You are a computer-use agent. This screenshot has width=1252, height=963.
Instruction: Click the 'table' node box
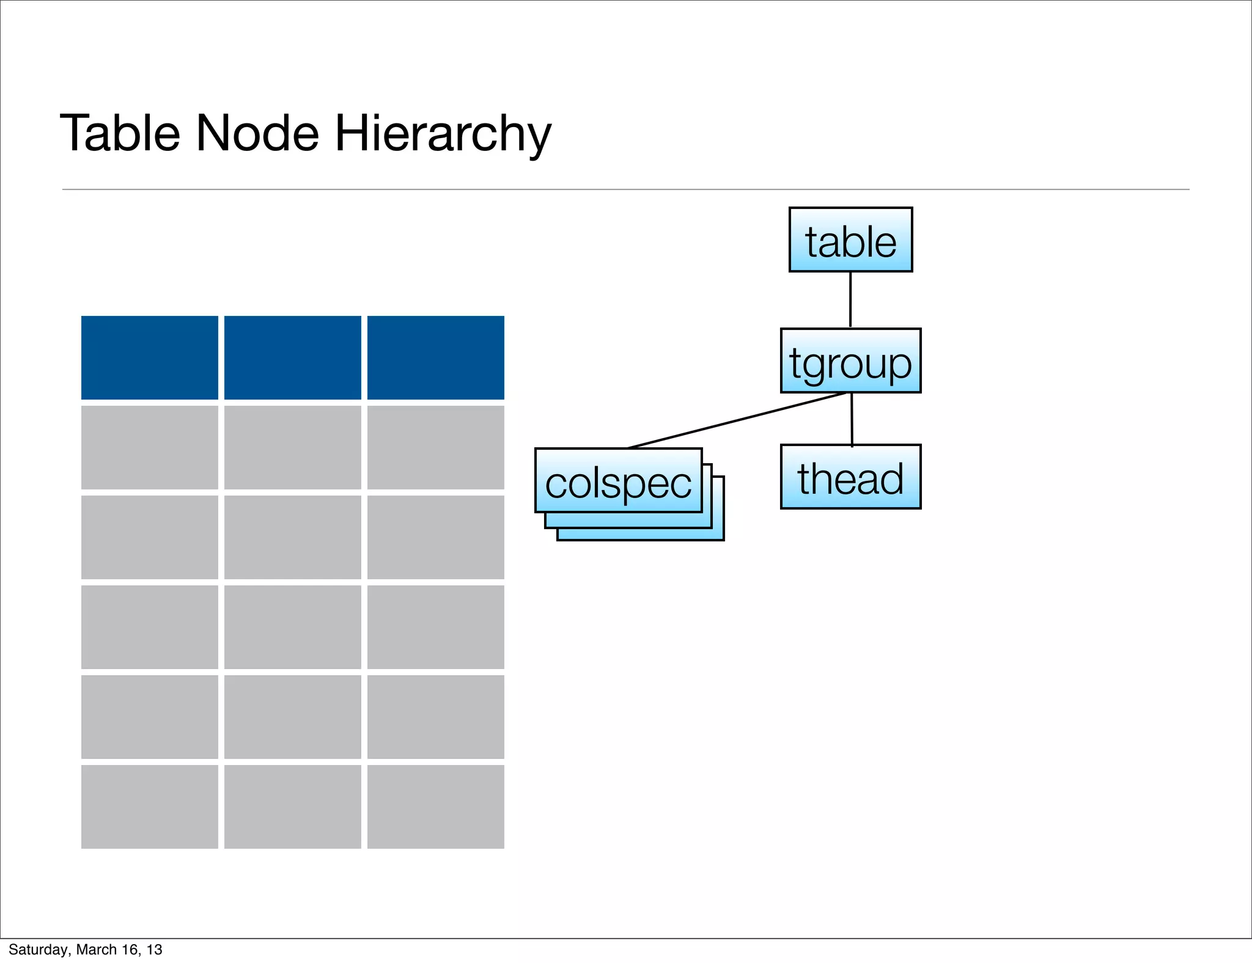[850, 240]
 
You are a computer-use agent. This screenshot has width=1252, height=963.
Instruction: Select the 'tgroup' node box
[850, 361]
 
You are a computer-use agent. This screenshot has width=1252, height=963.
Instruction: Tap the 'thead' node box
[850, 477]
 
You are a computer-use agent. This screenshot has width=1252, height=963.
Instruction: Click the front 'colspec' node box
[618, 480]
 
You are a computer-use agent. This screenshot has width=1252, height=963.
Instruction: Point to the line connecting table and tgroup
[850, 299]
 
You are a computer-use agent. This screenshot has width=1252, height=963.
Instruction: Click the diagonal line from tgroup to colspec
[737, 420]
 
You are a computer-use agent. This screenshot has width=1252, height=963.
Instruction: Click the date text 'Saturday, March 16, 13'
[86, 950]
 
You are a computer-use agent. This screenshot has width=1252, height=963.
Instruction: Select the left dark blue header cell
[150, 357]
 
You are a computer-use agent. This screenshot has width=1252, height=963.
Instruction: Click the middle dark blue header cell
[293, 357]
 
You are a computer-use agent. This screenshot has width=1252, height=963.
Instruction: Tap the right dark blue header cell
[436, 357]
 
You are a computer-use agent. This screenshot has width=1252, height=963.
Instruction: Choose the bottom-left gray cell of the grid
[150, 807]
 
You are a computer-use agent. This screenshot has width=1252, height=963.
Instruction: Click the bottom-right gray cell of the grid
[436, 807]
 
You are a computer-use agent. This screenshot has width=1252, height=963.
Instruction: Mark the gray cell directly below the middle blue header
[293, 447]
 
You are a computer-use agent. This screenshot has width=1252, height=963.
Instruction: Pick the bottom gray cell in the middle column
[293, 807]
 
